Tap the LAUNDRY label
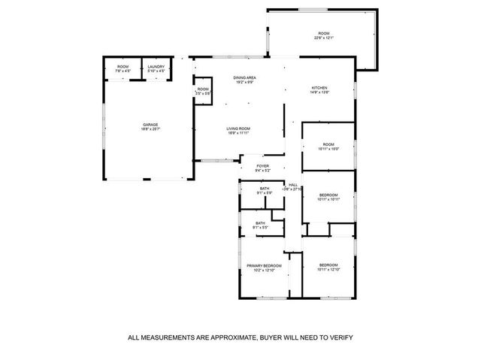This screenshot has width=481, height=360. coord(156,67)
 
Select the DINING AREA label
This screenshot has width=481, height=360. coord(244,77)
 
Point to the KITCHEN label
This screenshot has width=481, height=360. coord(320,88)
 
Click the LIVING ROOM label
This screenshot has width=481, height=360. coord(239,129)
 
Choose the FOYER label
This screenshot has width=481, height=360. coord(262,166)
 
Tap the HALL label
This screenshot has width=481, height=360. coord(293,184)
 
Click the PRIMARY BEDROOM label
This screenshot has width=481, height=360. coord(264,265)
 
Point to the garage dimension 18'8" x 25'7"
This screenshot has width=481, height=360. coord(151,129)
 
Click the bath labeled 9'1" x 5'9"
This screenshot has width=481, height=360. coord(265,192)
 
